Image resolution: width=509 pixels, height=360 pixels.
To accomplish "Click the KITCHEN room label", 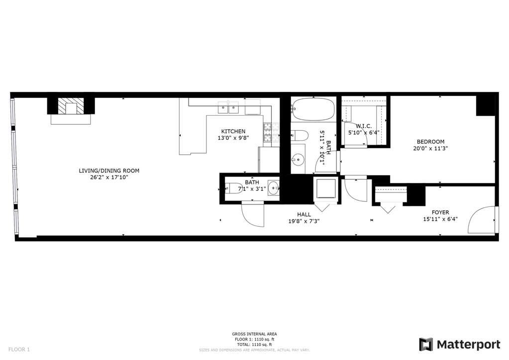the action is click(x=233, y=131).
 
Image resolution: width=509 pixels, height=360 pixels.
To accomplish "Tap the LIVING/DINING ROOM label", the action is click(x=109, y=171).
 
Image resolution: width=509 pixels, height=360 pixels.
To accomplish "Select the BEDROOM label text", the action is click(x=430, y=142).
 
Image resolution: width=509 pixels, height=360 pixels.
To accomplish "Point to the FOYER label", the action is click(x=440, y=212).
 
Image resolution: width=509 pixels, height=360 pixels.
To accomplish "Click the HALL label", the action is click(x=304, y=214).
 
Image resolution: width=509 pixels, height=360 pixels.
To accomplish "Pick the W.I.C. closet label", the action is click(x=364, y=126).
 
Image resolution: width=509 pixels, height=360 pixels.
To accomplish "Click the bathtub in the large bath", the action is click(x=313, y=109).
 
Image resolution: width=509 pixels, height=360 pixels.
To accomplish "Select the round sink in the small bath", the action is click(x=273, y=188).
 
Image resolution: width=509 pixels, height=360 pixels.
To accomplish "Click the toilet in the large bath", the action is click(x=299, y=135).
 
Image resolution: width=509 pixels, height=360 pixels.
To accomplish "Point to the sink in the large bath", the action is click(x=298, y=159).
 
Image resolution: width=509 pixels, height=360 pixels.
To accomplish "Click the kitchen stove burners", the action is click(x=267, y=132).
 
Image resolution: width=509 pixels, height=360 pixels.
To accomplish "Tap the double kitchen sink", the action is click(x=228, y=107).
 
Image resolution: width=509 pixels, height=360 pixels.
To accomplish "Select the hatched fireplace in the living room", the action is click(x=71, y=106).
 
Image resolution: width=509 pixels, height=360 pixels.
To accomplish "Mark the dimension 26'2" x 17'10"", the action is click(x=109, y=178).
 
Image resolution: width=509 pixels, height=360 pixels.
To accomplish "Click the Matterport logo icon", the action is click(x=426, y=344).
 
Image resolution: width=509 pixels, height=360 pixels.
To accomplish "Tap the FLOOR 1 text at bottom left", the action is click(x=19, y=350).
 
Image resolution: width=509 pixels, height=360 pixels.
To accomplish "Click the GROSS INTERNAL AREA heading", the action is click(x=254, y=334).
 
